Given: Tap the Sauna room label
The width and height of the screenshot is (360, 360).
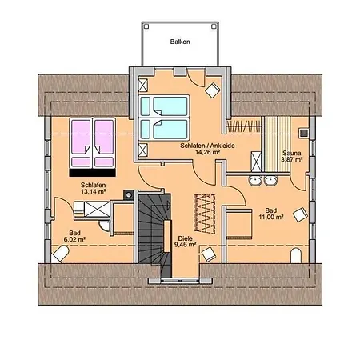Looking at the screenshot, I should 291,152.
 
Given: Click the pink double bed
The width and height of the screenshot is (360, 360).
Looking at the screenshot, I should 93,141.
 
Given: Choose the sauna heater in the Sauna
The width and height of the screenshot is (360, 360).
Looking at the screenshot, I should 304,134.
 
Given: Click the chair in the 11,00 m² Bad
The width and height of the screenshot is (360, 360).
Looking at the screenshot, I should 300,214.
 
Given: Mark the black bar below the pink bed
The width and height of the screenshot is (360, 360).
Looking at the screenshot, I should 93,170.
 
